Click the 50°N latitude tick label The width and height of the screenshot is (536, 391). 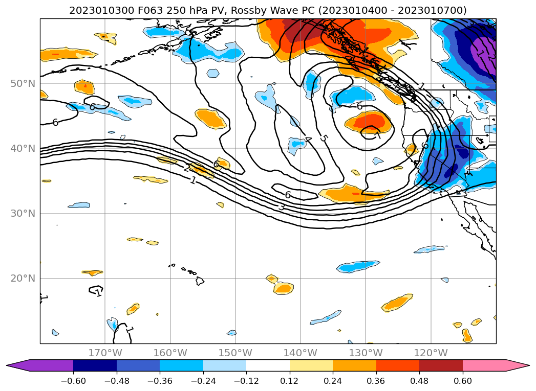coord(23,83)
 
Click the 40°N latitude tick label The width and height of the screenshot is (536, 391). coord(23,148)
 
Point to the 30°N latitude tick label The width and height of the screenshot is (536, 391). coord(23,213)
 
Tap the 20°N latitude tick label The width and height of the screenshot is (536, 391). coord(23,278)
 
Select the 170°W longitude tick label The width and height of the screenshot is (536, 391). coord(105,353)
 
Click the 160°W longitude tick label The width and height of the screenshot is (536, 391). coord(170,353)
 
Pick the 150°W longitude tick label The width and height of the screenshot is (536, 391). coord(235,353)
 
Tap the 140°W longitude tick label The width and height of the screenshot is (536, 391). coord(300,353)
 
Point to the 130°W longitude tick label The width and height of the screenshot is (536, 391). coord(365,353)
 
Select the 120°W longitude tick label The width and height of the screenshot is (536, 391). coord(431,353)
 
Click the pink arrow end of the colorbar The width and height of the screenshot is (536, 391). coord(517,365)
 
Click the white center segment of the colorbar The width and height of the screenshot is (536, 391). coord(268,365)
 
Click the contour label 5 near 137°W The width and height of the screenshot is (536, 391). coord(323,138)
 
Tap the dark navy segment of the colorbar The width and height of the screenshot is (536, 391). coord(95,365)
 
